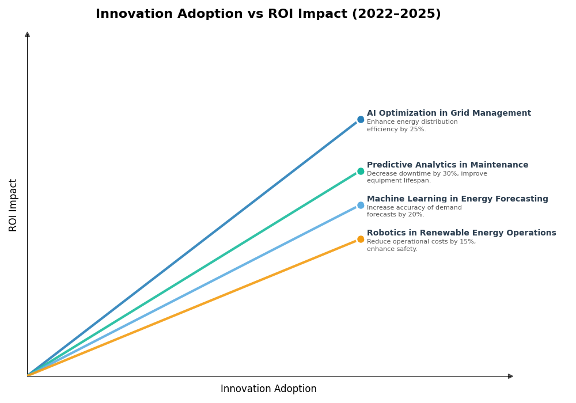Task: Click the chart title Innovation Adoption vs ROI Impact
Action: tap(268, 14)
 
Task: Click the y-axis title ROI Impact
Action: tap(13, 205)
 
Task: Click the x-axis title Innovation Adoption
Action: tap(268, 389)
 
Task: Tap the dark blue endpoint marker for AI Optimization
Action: tap(361, 120)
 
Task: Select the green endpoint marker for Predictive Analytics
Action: tap(361, 171)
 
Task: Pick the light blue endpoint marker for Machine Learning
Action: tap(361, 205)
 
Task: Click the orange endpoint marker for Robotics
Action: tap(361, 239)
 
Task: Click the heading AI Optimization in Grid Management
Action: tap(449, 113)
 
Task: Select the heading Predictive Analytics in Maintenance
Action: tap(447, 165)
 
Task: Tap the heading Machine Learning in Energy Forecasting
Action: tap(457, 199)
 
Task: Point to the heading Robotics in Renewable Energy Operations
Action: tap(461, 233)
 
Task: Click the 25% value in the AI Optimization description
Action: tap(418, 130)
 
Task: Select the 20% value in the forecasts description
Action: tap(416, 215)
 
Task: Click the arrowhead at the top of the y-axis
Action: tap(27, 35)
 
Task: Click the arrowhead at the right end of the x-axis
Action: tap(510, 376)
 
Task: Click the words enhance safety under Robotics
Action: tap(392, 249)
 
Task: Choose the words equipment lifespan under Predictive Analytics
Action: tap(398, 181)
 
